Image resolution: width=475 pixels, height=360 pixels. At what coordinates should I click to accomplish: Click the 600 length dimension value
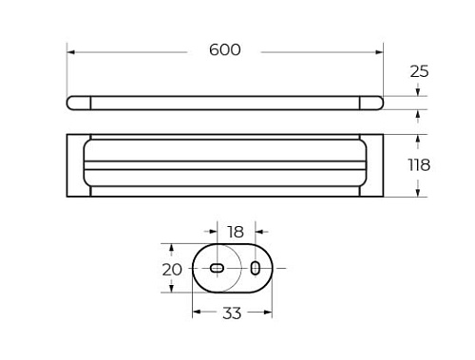click(x=225, y=50)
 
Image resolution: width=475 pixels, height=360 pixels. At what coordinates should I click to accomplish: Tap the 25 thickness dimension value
click(x=419, y=71)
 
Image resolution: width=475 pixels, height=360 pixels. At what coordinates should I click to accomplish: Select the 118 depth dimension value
click(x=419, y=165)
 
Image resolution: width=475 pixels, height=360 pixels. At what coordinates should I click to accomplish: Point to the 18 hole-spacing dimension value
click(x=236, y=232)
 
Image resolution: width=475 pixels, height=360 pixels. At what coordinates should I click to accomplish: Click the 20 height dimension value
click(x=172, y=270)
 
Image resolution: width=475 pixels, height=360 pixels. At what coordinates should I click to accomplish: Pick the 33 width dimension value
click(x=232, y=313)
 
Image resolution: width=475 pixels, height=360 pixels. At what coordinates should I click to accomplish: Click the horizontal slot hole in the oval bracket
click(x=217, y=268)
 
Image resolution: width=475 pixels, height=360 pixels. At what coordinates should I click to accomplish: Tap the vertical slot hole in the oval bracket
click(x=255, y=268)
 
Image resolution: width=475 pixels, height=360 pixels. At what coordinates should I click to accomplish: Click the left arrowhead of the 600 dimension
click(x=70, y=52)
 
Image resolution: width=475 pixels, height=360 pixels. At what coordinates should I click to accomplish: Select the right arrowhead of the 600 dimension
click(x=379, y=52)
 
